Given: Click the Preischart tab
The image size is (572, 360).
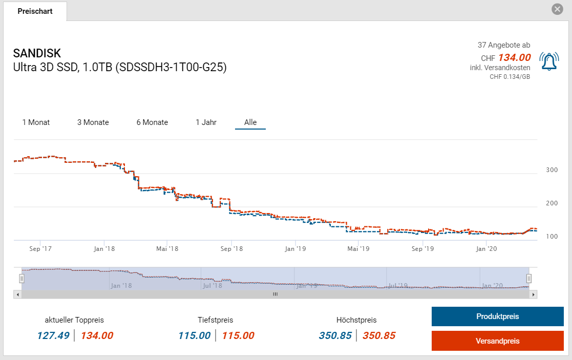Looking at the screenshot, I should (x=35, y=11).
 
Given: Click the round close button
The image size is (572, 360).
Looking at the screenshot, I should (x=557, y=9).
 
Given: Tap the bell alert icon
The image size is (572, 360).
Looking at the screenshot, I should (x=549, y=61).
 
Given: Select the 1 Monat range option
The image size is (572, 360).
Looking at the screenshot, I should (x=36, y=122).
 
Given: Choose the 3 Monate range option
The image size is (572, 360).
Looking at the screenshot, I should (x=93, y=122).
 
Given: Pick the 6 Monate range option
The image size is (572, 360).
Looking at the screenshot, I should (x=152, y=122).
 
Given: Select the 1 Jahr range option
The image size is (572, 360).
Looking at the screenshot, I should (x=206, y=122).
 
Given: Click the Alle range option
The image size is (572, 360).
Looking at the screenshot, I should (x=250, y=122).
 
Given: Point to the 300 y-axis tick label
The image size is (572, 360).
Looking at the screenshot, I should (x=552, y=170).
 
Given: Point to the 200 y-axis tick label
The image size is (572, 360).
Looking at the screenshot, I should (x=552, y=203).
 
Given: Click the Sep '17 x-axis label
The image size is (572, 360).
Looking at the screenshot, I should (x=40, y=249).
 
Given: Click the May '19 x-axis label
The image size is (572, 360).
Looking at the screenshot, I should (x=358, y=249).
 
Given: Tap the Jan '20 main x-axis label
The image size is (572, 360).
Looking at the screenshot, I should (x=486, y=249).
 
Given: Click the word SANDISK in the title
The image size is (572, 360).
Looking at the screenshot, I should (x=37, y=53).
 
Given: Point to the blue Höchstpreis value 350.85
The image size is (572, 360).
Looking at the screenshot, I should (x=335, y=336).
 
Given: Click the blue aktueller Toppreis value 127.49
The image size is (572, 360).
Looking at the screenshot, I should (x=53, y=336).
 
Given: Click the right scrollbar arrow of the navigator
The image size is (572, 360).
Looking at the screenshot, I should (x=534, y=294).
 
